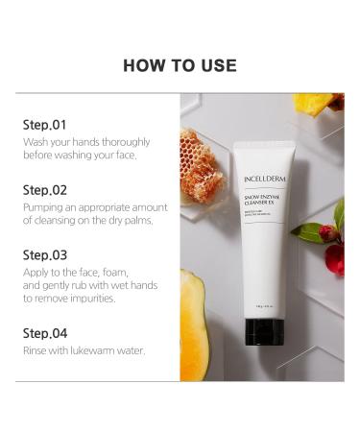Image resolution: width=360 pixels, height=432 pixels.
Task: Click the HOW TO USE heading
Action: point(180,65)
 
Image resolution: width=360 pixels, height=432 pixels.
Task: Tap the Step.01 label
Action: point(44,125)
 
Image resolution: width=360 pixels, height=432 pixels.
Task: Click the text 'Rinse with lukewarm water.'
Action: point(84,350)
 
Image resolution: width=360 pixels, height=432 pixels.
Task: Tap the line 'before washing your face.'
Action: point(80,156)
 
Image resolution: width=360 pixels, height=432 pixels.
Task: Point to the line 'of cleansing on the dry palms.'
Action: point(87,220)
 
